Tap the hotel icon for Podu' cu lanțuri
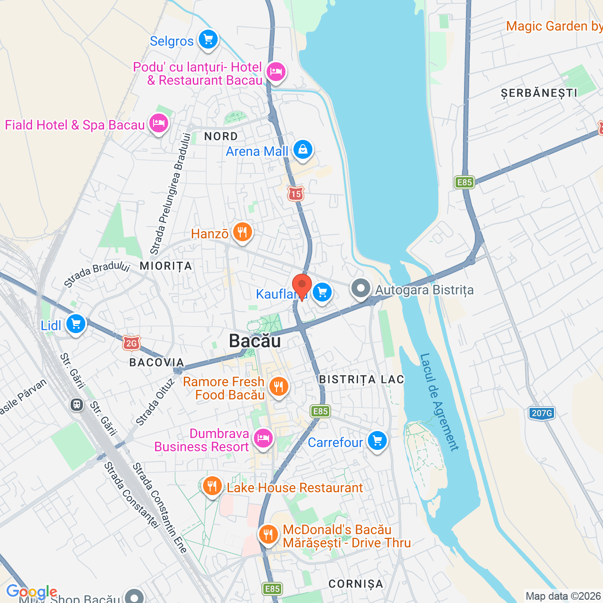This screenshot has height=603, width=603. (x=276, y=72)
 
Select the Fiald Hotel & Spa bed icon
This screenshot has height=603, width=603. (x=159, y=123)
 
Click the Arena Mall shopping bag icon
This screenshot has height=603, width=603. (x=302, y=150)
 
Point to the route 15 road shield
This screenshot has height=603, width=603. (x=296, y=194)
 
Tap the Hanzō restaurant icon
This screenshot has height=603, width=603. (x=242, y=232)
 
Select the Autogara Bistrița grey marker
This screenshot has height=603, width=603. (x=361, y=288)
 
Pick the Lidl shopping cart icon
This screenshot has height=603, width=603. (x=76, y=324)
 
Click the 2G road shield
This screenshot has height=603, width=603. (x=131, y=343)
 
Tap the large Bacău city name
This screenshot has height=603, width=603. (x=255, y=341)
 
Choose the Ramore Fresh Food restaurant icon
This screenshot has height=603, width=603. (x=279, y=387)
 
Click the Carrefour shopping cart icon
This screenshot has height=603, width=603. (x=377, y=441)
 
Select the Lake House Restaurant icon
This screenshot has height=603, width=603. (x=212, y=486)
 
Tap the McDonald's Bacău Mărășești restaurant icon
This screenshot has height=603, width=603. (x=268, y=535)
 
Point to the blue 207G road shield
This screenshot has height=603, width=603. (x=541, y=413)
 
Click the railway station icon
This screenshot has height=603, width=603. (x=77, y=404)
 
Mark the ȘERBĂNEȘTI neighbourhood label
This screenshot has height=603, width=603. (x=539, y=93)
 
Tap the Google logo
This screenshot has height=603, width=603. (x=32, y=592)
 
